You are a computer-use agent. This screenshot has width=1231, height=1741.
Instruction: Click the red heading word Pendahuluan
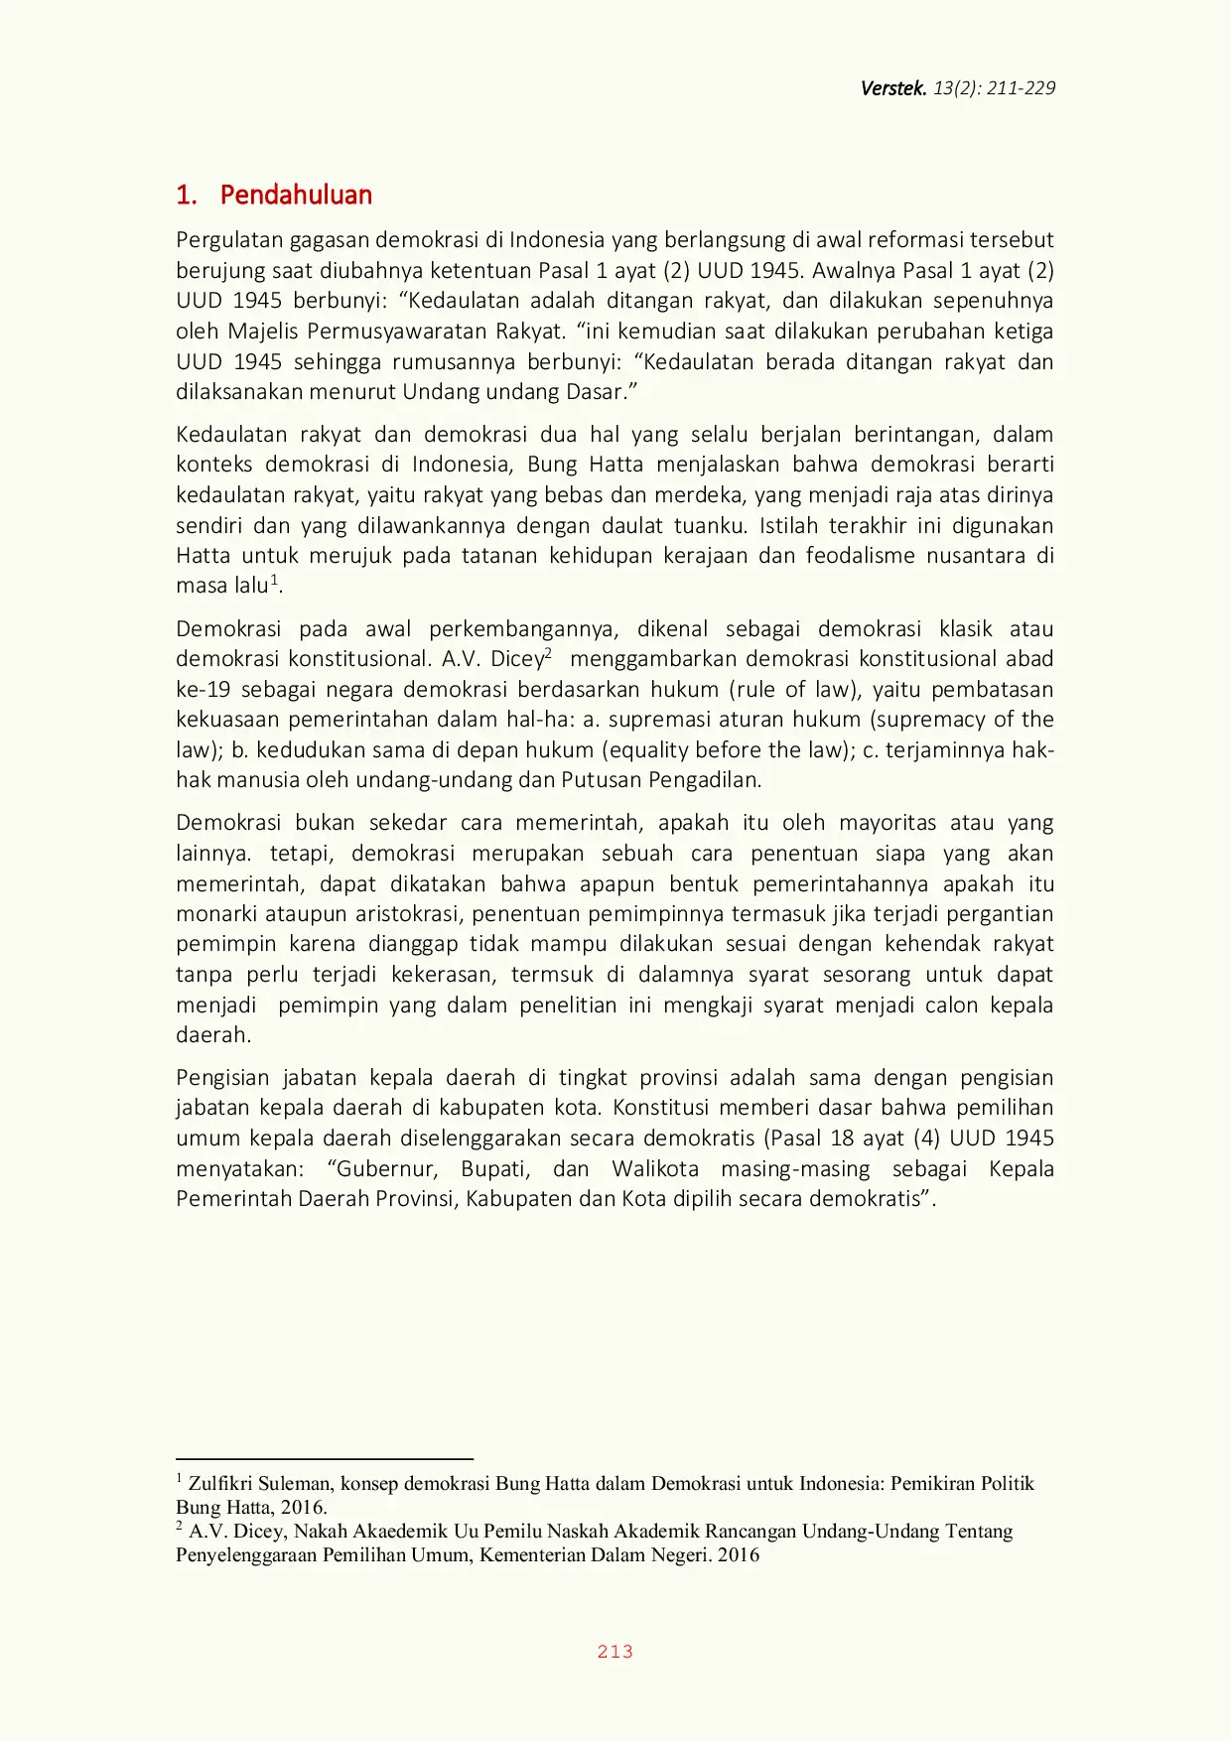coord(296,195)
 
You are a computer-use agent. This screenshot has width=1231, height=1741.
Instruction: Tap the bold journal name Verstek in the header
coord(892,88)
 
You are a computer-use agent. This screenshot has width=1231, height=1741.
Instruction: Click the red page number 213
coord(615,1652)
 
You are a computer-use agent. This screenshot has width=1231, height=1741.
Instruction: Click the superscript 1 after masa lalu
coord(275,581)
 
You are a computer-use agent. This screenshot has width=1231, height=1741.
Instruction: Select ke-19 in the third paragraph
coord(203,690)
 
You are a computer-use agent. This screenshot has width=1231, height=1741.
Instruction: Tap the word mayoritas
coord(887,823)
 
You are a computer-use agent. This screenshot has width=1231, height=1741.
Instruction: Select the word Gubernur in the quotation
coord(382,1169)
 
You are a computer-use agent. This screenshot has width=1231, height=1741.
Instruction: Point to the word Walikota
coord(655,1169)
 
